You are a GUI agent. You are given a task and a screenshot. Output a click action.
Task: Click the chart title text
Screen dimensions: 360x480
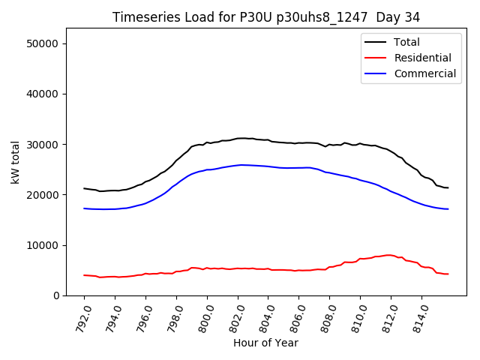tap(266, 17)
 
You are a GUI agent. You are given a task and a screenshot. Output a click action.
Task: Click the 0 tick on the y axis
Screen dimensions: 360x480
tap(56, 295)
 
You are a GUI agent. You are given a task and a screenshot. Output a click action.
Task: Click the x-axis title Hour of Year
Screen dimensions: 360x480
tap(265, 343)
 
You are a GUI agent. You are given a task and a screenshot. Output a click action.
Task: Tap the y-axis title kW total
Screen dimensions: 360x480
tap(15, 161)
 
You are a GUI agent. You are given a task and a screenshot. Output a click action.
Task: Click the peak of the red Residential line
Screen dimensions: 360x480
tap(388, 255)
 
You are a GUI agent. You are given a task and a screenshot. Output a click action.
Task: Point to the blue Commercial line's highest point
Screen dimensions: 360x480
tap(241, 165)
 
